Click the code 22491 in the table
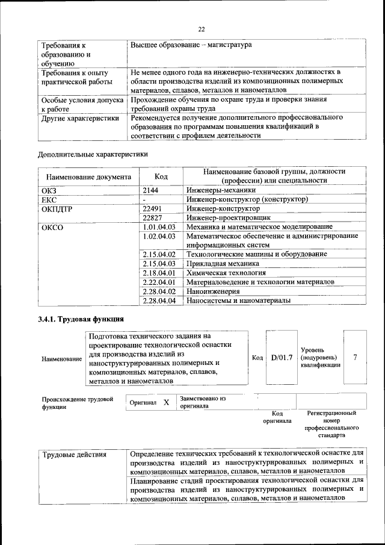click(153, 208)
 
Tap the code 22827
click(153, 217)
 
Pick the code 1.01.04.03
click(159, 227)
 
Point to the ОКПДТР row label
click(56, 208)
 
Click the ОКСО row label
click(52, 228)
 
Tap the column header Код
click(161, 177)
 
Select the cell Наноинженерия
click(213, 291)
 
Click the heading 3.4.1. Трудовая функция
click(81, 319)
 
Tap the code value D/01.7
click(282, 358)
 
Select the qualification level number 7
click(355, 358)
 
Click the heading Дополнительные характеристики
click(93, 154)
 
